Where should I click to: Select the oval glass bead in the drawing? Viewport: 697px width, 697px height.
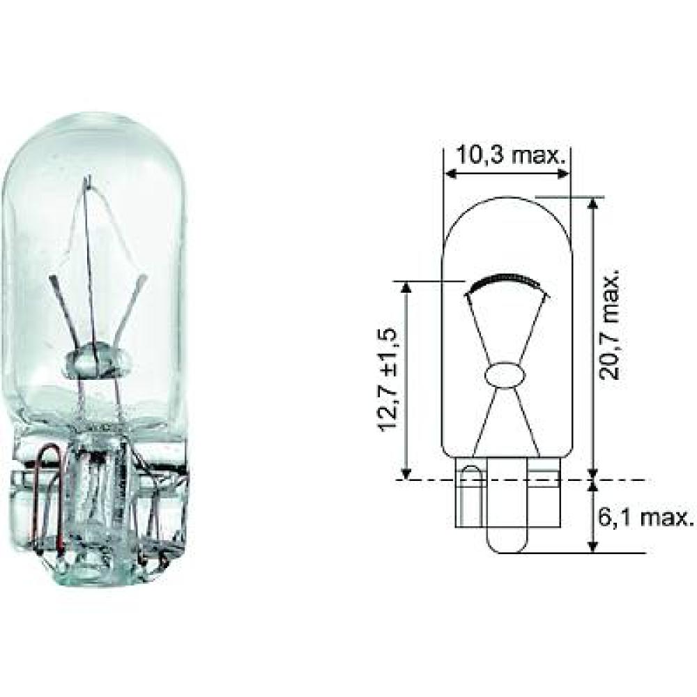click(x=507, y=375)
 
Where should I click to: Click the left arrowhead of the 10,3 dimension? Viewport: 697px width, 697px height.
click(x=450, y=174)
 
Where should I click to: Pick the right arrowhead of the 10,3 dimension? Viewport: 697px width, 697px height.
click(x=565, y=174)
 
